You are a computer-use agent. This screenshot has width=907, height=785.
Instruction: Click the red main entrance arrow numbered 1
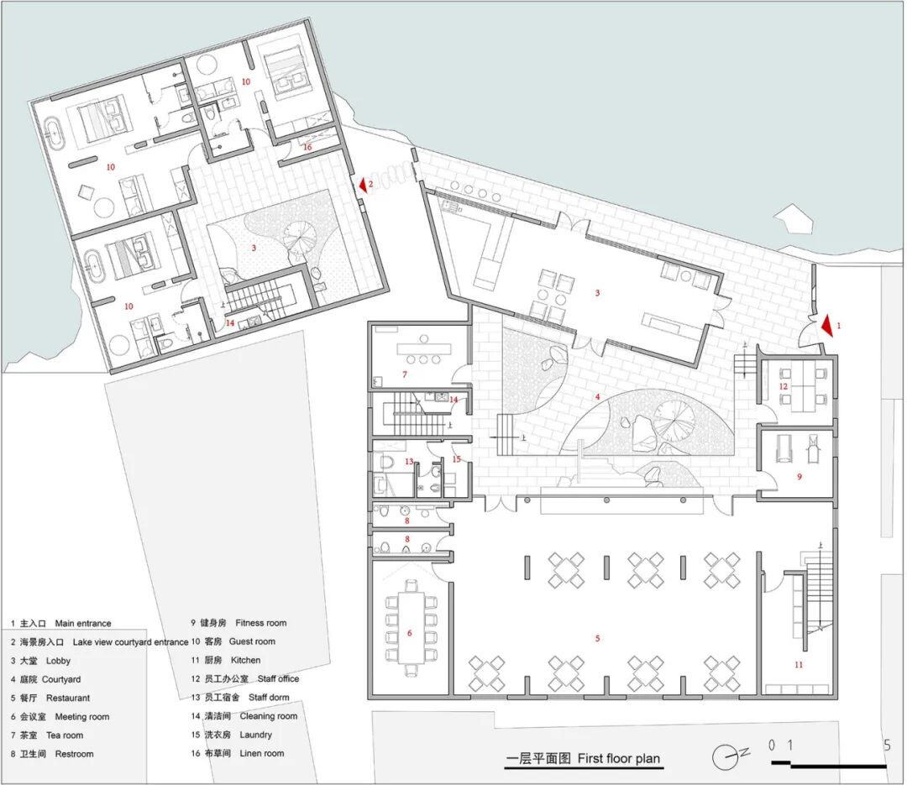(828, 325)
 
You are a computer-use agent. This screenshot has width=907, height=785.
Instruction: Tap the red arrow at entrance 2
(364, 185)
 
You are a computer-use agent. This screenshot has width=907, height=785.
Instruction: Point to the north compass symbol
(729, 756)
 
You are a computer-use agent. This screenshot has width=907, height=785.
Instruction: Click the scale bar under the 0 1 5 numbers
(830, 765)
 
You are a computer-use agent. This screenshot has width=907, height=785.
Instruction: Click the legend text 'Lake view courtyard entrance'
(130, 642)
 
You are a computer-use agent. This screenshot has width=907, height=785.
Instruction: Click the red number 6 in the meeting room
(410, 633)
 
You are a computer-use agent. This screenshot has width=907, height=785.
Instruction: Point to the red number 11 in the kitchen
(799, 665)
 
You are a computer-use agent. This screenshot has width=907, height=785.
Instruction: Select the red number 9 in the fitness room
(800, 477)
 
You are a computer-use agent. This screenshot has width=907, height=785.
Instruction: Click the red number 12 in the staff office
(784, 386)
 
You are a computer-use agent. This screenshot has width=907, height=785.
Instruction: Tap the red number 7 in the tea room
(404, 374)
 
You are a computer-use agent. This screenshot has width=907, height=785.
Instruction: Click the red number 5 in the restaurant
(598, 638)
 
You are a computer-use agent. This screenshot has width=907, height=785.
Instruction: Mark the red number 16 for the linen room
(307, 147)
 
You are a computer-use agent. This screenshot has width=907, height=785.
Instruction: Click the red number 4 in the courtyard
(598, 397)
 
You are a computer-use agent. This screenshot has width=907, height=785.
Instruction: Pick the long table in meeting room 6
(411, 628)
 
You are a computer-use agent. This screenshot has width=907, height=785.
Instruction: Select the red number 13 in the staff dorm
(409, 461)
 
